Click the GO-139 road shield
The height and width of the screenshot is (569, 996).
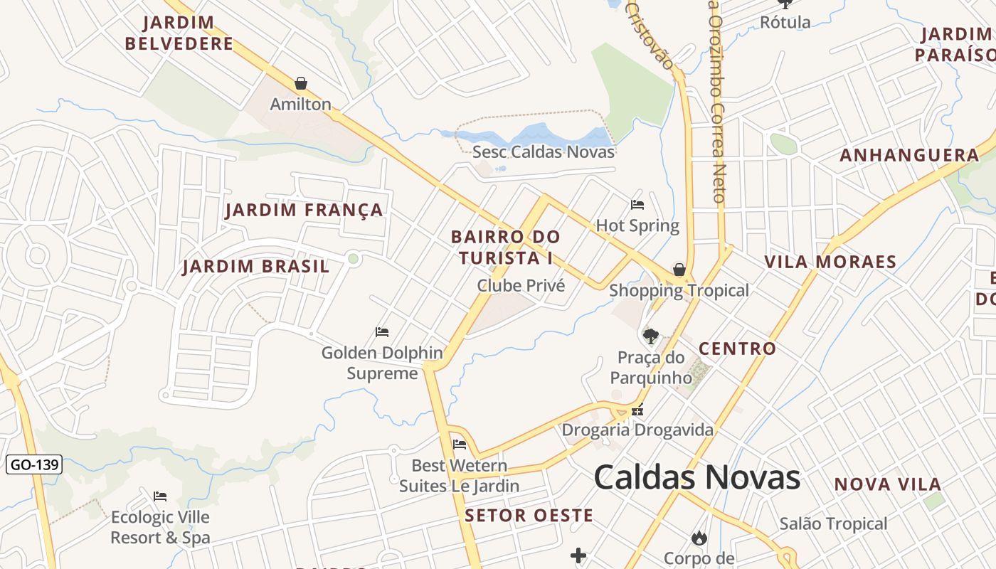[x=34, y=465]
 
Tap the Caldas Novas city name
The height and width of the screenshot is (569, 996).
[x=696, y=477]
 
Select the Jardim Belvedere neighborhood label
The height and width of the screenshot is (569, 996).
[x=179, y=33]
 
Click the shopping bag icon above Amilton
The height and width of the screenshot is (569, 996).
[x=301, y=83]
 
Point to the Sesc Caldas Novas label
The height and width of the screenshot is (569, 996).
[x=544, y=151]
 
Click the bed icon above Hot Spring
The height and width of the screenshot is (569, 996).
[x=637, y=205]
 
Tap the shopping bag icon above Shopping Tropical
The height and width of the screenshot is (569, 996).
[x=679, y=270]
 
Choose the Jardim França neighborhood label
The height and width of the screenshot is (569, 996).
[x=304, y=210]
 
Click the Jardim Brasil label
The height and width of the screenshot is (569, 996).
[x=256, y=267]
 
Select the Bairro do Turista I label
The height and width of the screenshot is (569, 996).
[x=506, y=247]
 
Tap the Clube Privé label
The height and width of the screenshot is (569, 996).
[x=521, y=286]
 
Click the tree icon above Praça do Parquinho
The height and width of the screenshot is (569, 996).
[x=650, y=336]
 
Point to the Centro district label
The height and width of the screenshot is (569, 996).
[x=737, y=349]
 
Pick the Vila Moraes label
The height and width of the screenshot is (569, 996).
[x=830, y=262]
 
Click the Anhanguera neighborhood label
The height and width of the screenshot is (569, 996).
[x=910, y=155]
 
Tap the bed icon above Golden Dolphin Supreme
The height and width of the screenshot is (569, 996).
[x=382, y=332]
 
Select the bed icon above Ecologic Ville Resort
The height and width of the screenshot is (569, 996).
[x=160, y=496]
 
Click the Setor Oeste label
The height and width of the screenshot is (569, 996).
[x=529, y=516]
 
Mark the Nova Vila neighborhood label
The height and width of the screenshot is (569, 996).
[x=888, y=484]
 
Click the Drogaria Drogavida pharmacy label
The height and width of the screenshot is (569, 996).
[x=637, y=430]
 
